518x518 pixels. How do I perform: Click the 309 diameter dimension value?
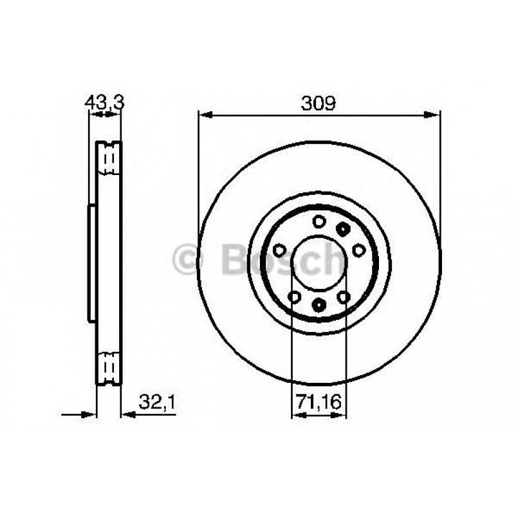(x=319, y=102)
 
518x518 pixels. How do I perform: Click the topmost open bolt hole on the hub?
(x=318, y=221)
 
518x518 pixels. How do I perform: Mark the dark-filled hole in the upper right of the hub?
(x=343, y=228)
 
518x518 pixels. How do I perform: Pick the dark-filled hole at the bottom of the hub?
(x=319, y=304)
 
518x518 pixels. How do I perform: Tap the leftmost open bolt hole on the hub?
(x=279, y=250)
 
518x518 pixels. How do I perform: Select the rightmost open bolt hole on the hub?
(x=359, y=250)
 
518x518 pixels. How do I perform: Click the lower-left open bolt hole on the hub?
(x=294, y=297)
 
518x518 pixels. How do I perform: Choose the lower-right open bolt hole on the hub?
(x=344, y=297)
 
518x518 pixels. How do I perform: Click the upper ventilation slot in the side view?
(x=108, y=158)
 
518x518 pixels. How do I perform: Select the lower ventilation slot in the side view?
(x=108, y=367)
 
